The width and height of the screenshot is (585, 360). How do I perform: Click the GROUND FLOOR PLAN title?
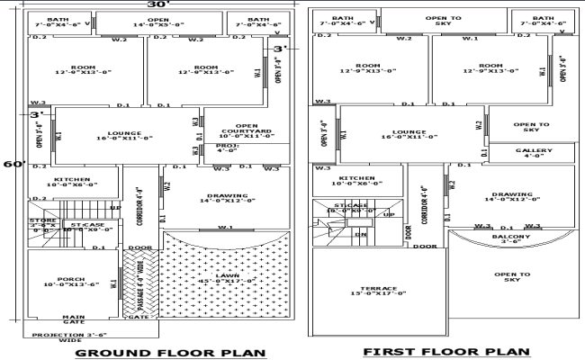(x=170, y=353)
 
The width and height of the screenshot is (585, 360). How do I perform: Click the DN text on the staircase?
(x=359, y=234)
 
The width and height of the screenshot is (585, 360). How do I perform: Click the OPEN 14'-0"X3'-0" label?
(x=157, y=22)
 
